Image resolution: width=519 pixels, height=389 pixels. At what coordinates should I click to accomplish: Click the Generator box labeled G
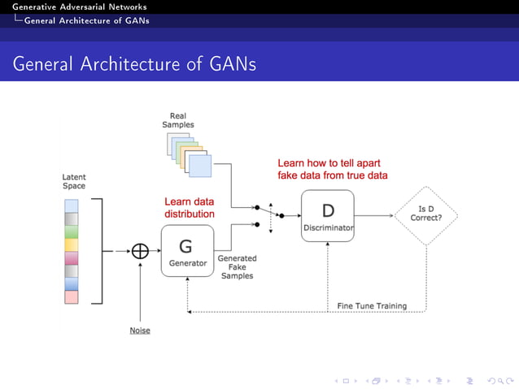pyautogui.click(x=186, y=251)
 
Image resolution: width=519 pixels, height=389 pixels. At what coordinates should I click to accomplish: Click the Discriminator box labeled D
pyautogui.click(x=328, y=215)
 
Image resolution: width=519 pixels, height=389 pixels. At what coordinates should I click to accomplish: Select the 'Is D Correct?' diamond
pyautogui.click(x=425, y=215)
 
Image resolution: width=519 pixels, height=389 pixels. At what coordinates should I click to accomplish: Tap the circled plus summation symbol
pyautogui.click(x=141, y=251)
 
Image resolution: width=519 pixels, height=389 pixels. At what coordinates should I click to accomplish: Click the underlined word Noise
pyautogui.click(x=140, y=331)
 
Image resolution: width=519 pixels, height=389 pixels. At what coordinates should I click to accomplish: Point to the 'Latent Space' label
pyautogui.click(x=73, y=181)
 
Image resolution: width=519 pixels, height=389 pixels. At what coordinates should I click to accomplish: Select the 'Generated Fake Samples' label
pyautogui.click(x=237, y=267)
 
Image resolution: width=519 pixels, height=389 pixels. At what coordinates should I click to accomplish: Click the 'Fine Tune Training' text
pyautogui.click(x=371, y=305)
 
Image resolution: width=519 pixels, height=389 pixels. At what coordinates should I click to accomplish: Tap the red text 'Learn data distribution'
pyautogui.click(x=190, y=208)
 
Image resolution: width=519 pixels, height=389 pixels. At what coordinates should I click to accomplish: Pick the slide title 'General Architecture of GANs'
pyautogui.click(x=134, y=63)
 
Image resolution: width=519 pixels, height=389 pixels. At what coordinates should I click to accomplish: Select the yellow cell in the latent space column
pyautogui.click(x=70, y=244)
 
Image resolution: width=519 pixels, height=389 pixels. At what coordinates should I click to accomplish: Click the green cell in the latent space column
pyautogui.click(x=70, y=231)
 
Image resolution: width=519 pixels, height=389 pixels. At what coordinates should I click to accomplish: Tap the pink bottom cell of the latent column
pyautogui.click(x=70, y=296)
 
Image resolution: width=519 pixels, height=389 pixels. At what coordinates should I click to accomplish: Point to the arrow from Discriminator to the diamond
pyautogui.click(x=373, y=215)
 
